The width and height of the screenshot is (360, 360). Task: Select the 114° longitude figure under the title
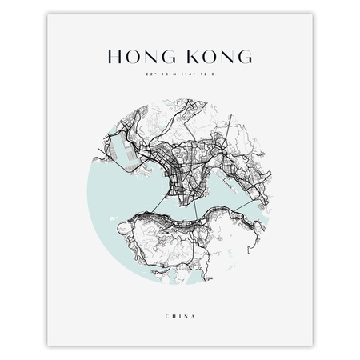coord(191,77)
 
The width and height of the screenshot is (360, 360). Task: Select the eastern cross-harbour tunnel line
coord(240,203)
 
